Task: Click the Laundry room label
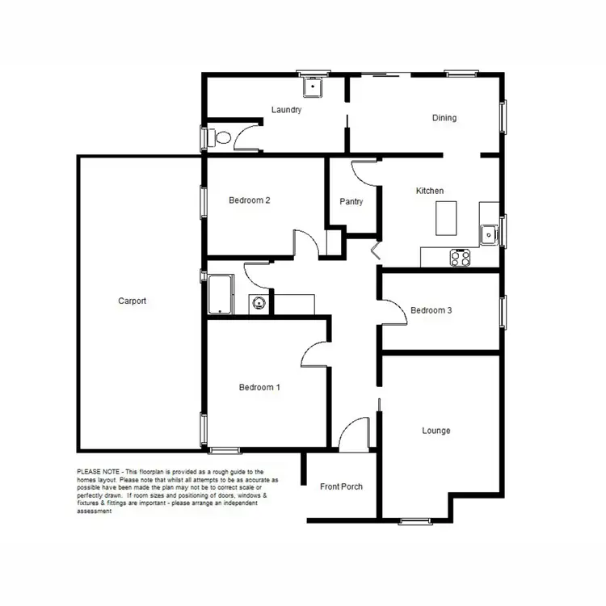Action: coord(287,110)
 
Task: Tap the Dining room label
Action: coord(444,118)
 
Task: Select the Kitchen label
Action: coord(429,191)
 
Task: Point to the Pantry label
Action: coord(351,202)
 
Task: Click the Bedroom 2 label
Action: coord(249,200)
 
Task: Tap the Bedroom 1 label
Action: coord(259,388)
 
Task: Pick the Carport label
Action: coord(133,301)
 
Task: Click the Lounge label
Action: coord(436,431)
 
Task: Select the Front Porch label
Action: coord(341,486)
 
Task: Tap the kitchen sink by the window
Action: coord(488,235)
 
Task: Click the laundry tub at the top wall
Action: coord(312,86)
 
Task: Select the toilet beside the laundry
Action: coord(219,137)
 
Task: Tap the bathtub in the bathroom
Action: coord(220,293)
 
